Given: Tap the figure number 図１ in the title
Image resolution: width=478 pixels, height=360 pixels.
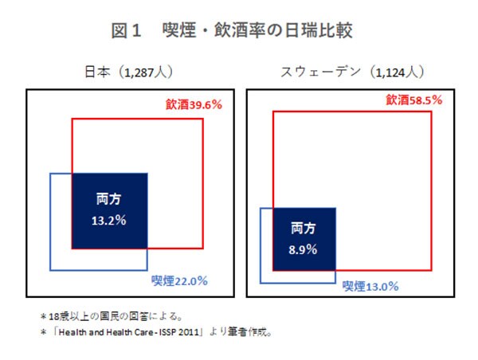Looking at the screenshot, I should tap(126, 31).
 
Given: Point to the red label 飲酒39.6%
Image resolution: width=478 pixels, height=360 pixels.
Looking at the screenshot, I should tap(194, 104).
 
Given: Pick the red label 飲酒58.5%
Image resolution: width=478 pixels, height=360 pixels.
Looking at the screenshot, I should tap(414, 101).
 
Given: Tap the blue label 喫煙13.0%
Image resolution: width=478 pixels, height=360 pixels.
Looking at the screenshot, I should tap(370, 285).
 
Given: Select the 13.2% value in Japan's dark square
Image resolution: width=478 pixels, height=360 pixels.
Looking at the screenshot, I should tap(110, 221).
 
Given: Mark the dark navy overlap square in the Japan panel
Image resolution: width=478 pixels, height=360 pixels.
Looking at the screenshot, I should tap(110, 209).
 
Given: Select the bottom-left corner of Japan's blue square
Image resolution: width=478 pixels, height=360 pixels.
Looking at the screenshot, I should tap(51, 270).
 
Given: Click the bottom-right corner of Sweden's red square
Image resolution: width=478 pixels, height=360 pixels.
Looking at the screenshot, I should tap(432, 270).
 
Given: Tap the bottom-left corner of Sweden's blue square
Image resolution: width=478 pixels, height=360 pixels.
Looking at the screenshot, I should tap(261, 283).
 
